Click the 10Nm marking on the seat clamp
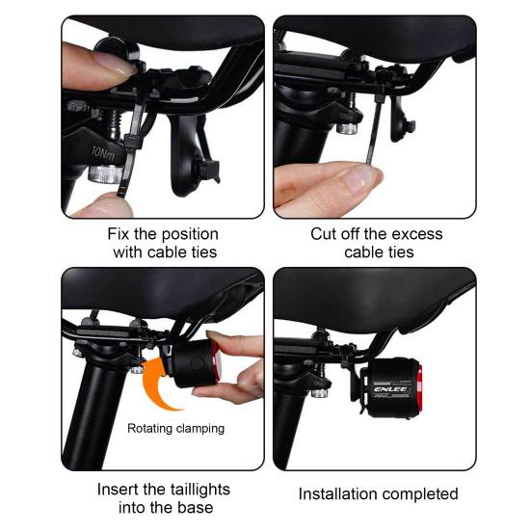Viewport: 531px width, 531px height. coord(103,152)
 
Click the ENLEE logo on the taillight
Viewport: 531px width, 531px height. coord(390,389)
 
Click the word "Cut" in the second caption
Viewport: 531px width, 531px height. coord(324,234)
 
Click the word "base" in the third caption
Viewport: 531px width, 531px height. coord(199,508)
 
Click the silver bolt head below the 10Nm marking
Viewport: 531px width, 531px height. coord(102,173)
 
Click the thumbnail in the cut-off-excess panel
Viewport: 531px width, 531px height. coord(361,176)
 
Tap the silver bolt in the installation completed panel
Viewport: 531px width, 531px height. coord(320,393)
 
